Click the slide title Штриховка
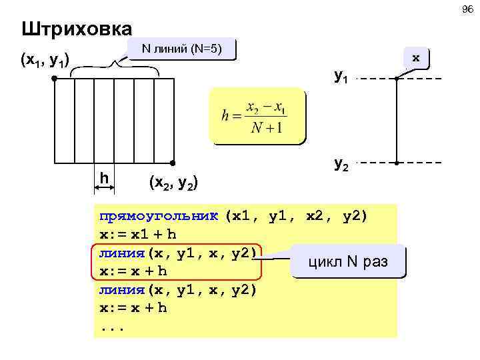click(x=76, y=29)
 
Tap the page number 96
click(x=466, y=9)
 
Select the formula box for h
click(x=256, y=116)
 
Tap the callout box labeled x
click(x=415, y=58)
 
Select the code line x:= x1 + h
click(x=137, y=235)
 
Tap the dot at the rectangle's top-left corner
click(x=54, y=79)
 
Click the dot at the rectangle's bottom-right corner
click(x=173, y=163)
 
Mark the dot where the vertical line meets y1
click(x=396, y=79)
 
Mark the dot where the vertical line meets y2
click(x=396, y=163)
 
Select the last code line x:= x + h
click(x=133, y=308)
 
